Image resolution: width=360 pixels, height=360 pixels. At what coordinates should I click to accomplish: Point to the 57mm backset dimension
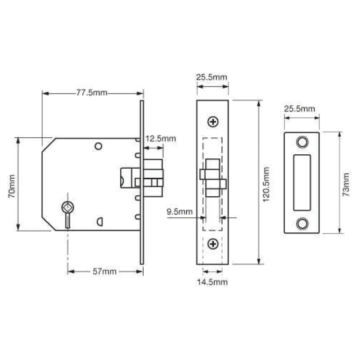coord(105,271)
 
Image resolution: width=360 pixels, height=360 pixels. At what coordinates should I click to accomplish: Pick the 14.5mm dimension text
coord(212,282)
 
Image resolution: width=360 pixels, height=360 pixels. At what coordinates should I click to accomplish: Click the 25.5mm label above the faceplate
coord(211,77)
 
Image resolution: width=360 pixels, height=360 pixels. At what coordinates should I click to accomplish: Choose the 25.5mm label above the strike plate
coord(299,108)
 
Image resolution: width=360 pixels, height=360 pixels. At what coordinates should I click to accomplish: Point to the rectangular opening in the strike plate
coord(301,182)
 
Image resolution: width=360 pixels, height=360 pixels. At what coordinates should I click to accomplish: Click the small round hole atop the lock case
coord(98,146)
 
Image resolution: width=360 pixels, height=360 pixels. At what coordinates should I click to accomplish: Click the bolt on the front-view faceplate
coord(212,178)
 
